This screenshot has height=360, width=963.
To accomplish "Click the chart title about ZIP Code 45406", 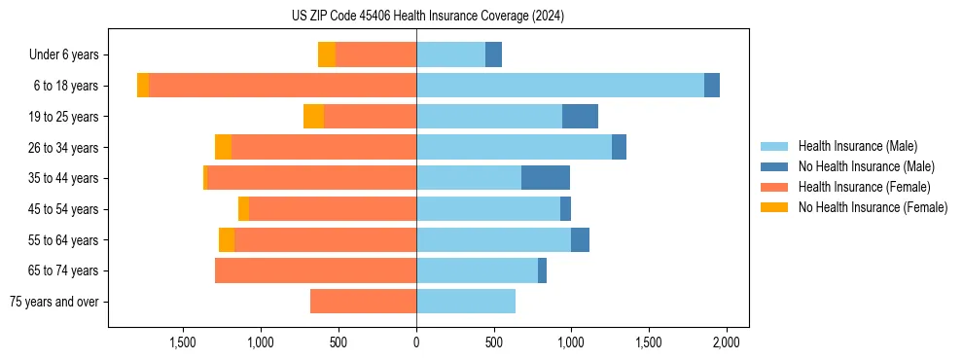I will pos(428,16).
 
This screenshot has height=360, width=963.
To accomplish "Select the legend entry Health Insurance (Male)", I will pos(857,146).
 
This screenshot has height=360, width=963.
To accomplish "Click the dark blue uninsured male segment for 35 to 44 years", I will pos(546,178).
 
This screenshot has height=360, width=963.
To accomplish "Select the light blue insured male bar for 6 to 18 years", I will pos(560,86).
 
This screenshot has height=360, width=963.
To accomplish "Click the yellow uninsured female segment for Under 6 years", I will pos(327,54).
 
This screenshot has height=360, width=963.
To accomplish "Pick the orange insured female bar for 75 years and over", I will pos(363,302).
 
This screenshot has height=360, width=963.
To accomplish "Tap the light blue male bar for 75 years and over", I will pos(466,302).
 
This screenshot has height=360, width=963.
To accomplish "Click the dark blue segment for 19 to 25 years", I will pos(580,117).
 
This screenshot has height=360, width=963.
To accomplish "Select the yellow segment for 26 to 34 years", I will pos(223,147).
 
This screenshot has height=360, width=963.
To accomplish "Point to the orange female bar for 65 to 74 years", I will pos(315,270).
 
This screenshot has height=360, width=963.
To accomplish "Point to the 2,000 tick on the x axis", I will pos(726,342).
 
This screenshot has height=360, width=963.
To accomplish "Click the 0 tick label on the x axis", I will pos(416,342).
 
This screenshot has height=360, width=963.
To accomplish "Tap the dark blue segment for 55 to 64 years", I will pos(580,239).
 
